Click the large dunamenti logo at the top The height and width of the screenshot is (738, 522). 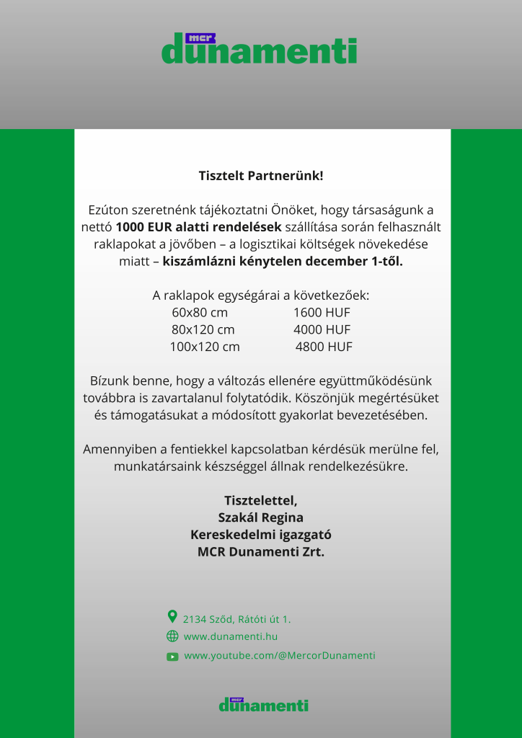click(260, 49)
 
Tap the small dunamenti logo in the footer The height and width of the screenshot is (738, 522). click(263, 704)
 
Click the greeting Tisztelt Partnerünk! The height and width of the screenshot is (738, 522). click(261, 175)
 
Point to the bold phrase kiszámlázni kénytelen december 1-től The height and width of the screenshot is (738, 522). click(283, 261)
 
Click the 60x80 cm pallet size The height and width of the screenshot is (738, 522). click(200, 313)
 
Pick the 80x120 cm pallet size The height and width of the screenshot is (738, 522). click(203, 329)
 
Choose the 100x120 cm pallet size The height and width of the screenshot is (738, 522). click(205, 347)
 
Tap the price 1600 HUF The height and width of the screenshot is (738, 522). click(322, 313)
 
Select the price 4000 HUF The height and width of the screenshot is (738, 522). click(322, 329)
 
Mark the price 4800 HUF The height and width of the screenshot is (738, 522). click(324, 347)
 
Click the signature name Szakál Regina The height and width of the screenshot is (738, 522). click(261, 517)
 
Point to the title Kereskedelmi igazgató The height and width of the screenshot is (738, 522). click(261, 535)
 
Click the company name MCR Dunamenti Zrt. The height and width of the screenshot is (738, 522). click(261, 552)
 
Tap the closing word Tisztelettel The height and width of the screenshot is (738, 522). click(261, 500)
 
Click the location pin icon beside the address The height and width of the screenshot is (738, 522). click(172, 616)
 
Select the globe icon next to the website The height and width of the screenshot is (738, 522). click(172, 636)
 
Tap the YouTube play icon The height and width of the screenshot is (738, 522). click(172, 657)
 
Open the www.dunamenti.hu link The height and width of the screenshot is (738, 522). click(231, 636)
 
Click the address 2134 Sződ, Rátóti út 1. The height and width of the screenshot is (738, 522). click(237, 618)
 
